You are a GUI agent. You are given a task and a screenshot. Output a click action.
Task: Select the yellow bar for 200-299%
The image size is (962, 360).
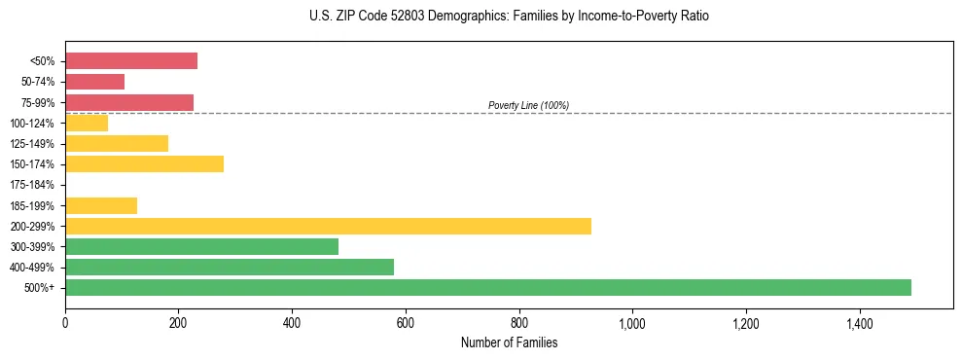[x=328, y=226]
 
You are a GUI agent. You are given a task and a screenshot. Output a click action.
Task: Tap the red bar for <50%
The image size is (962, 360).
[x=131, y=60]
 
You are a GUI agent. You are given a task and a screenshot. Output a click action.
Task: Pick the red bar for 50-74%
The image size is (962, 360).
[x=94, y=82]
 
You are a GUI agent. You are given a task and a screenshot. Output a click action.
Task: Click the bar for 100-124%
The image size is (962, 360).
[x=87, y=123]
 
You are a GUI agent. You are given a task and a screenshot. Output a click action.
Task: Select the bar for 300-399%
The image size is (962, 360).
[x=201, y=246]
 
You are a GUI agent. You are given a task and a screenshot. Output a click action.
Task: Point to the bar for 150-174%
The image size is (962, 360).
[x=144, y=163]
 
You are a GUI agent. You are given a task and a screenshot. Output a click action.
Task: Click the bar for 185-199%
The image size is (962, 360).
[x=101, y=205]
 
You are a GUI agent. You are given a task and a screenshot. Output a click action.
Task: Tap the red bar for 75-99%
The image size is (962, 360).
[x=129, y=102]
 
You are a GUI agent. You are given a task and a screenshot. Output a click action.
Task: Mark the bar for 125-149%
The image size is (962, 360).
[x=117, y=143]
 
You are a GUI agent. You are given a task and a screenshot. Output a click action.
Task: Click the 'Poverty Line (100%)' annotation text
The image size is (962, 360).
[x=528, y=105]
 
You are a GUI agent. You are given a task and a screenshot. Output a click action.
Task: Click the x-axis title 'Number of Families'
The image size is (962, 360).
[x=509, y=342]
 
